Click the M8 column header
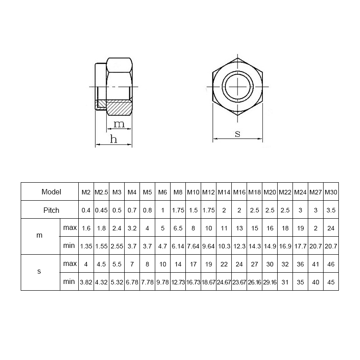pos(178,192)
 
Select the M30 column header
pos(331,192)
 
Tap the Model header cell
pos(51,192)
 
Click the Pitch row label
pos(51,210)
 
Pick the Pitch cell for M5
pos(147,210)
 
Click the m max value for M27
pos(315,228)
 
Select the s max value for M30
pos(331,264)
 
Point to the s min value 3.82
pos(86,282)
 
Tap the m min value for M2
pos(86,246)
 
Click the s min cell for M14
pos(224,282)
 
